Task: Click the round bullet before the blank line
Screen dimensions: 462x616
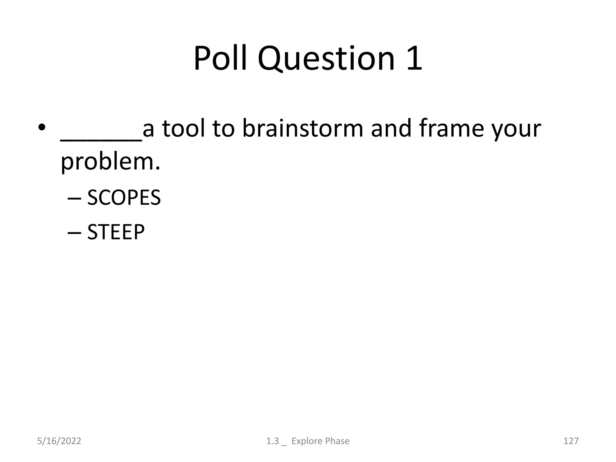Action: (42, 128)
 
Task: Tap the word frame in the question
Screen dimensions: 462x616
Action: (451, 128)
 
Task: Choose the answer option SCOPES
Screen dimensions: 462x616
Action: (124, 198)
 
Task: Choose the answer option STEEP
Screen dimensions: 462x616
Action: (116, 232)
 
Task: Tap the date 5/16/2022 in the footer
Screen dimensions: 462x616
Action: (59, 441)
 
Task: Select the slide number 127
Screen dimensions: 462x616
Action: (571, 441)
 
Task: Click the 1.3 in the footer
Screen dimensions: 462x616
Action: (273, 441)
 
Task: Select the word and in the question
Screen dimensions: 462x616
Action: (391, 128)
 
